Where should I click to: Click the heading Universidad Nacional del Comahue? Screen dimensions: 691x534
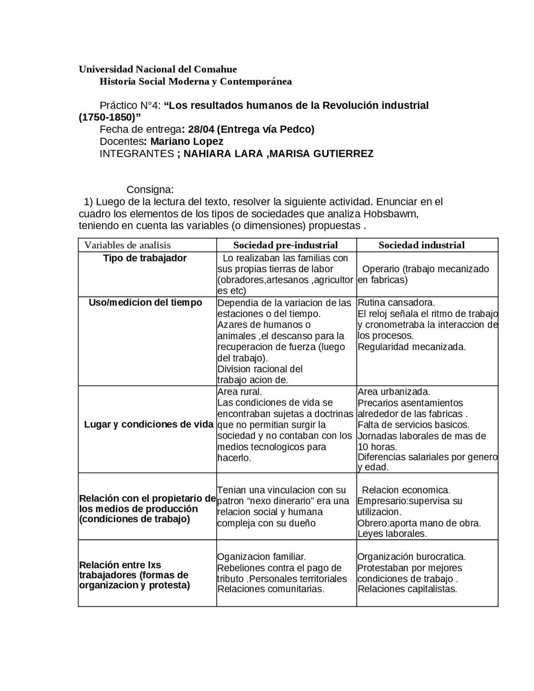[158, 69]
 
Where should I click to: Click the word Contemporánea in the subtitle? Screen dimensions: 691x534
[256, 81]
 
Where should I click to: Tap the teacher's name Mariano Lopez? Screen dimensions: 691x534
[186, 141]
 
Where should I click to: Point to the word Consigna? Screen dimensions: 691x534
[150, 190]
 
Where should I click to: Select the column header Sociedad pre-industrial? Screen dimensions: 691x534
[285, 245]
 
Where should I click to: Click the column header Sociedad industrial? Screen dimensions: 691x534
[421, 245]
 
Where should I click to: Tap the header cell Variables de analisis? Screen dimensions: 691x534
[128, 245]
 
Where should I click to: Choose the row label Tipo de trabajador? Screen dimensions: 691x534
[145, 258]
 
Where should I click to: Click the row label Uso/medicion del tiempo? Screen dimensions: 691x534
[145, 303]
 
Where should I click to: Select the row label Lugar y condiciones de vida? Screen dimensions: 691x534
[149, 425]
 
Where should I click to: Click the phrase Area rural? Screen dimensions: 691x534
[239, 392]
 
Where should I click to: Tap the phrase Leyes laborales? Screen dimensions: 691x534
[392, 534]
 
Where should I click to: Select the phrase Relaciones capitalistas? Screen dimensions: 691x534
[407, 589]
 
